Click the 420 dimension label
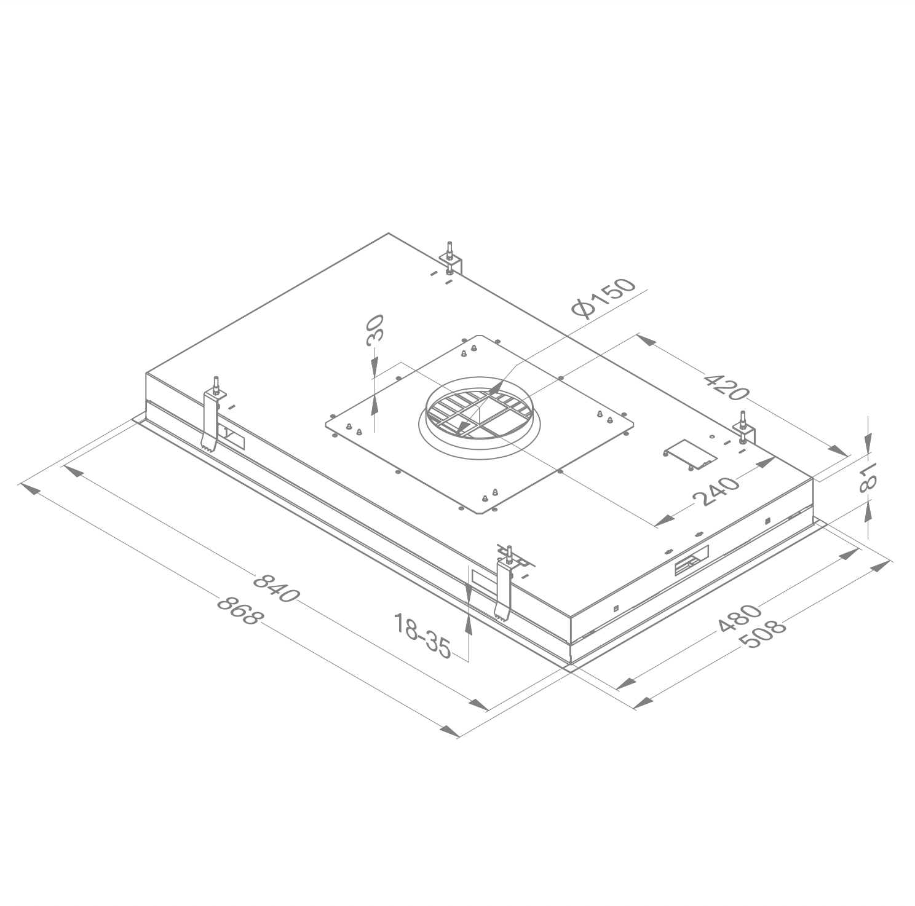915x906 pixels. click(x=726, y=385)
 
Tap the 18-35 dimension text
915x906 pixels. click(x=422, y=636)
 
